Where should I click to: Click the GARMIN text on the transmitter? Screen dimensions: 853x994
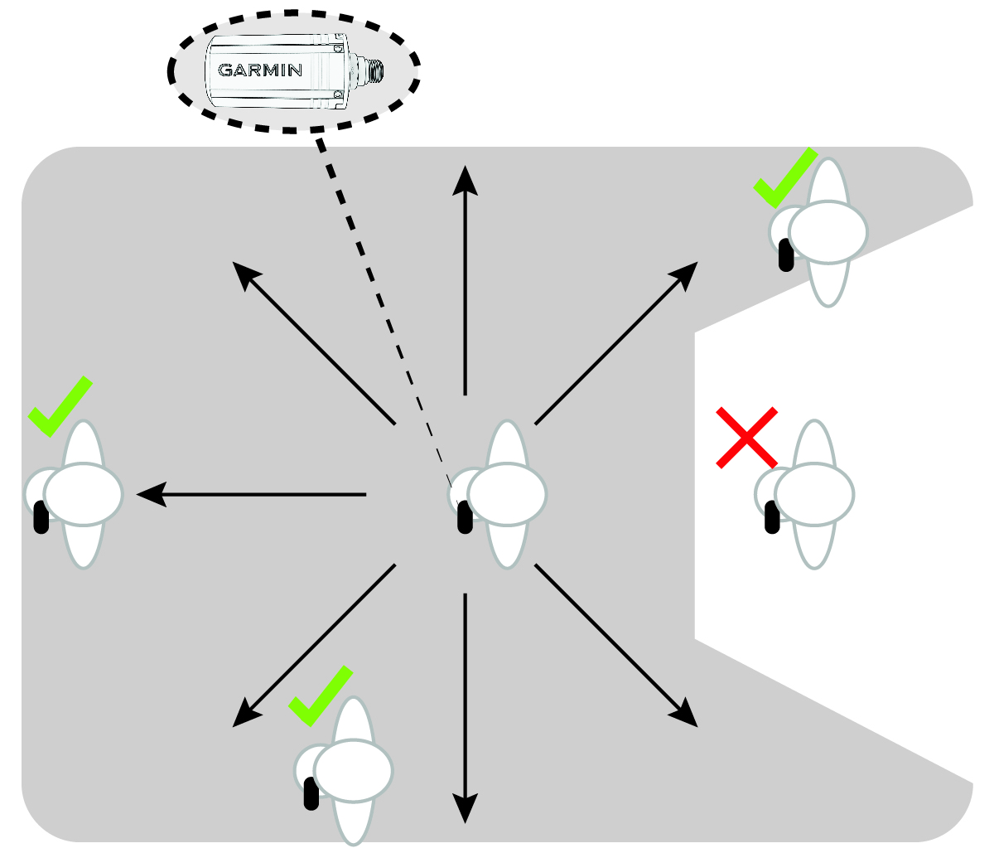260,70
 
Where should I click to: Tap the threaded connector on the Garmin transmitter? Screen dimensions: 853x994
374,72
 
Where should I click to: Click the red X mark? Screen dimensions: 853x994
746,438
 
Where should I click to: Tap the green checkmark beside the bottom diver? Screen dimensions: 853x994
320,696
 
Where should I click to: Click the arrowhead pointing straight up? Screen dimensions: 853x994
466,179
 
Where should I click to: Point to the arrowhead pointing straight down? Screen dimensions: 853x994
466,808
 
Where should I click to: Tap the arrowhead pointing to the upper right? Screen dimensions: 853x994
686,273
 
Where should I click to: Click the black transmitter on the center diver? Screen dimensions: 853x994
465,517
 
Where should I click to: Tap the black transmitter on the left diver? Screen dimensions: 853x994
41,517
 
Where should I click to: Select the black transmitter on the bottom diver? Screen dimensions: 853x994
311,793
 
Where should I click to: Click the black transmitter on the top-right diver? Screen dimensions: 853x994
786,255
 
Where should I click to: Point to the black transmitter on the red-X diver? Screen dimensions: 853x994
772,517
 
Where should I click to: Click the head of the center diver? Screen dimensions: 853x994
507,495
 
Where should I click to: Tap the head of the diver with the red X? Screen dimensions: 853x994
814,495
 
